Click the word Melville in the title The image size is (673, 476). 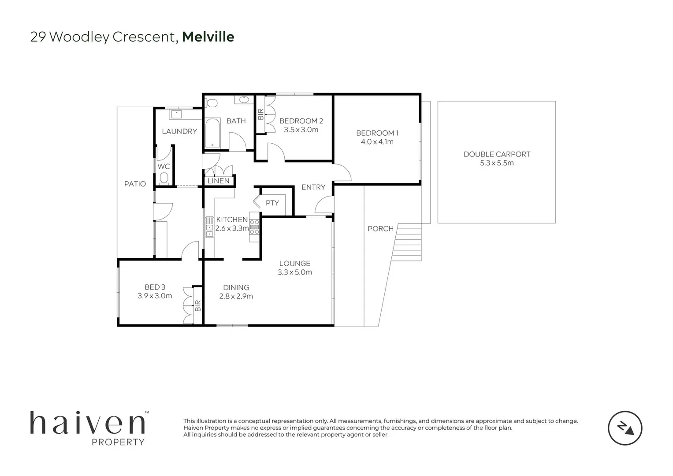coord(208,37)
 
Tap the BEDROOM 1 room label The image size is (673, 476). coord(377,133)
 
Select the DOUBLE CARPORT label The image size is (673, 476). coord(497,154)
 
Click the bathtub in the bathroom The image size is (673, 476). coord(212,134)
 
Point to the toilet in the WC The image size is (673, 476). coord(164,178)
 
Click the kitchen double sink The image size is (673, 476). coord(209,227)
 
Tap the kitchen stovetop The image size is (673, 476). coord(254,227)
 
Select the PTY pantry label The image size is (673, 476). coord(272,203)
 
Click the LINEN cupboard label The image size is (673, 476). coord(219,181)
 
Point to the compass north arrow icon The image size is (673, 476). coord(625,428)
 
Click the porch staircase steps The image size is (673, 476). coord(407,242)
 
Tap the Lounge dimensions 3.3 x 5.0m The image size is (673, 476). coord(294,272)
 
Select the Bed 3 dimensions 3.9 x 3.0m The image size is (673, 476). coord(155,296)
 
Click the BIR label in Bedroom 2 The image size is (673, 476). coord(260,114)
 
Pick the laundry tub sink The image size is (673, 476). coord(177,115)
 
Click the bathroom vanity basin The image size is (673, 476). coord(244,100)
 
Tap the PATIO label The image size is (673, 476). coord(135,184)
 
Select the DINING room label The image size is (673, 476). coord(236,287)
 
